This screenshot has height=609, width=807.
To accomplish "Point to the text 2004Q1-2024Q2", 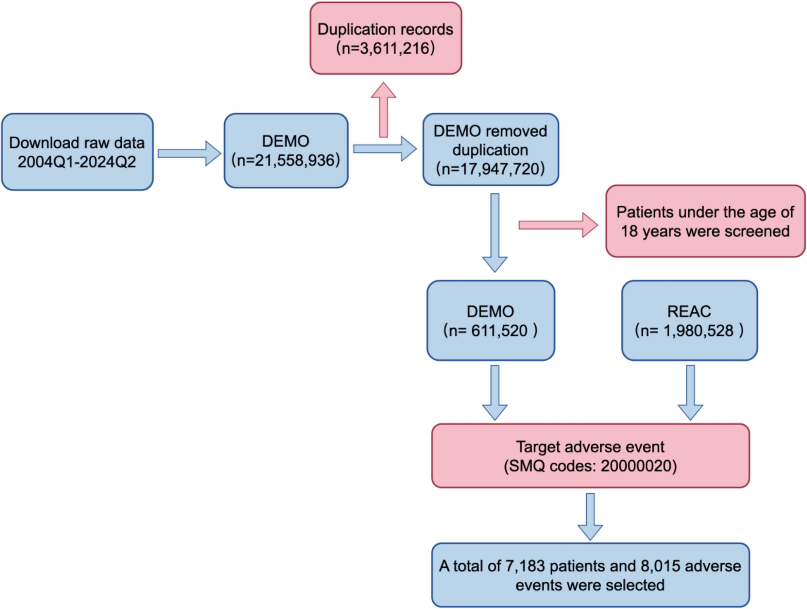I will click(77, 162).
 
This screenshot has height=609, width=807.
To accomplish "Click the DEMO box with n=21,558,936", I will click(285, 151).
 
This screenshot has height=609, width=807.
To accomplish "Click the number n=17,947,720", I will click(490, 169).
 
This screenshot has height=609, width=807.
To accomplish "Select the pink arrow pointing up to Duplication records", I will click(383, 111).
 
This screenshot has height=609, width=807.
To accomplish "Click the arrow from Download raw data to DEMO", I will click(189, 153).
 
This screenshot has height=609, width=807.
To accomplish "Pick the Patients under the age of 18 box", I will click(705, 221).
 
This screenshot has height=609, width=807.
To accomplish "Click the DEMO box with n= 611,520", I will click(490, 320).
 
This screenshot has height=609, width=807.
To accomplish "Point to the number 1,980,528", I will click(698, 331).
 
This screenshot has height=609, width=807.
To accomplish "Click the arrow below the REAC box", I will click(690, 392).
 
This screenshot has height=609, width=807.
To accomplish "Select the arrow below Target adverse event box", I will click(590, 516).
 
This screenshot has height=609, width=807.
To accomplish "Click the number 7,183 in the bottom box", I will click(524, 566).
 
